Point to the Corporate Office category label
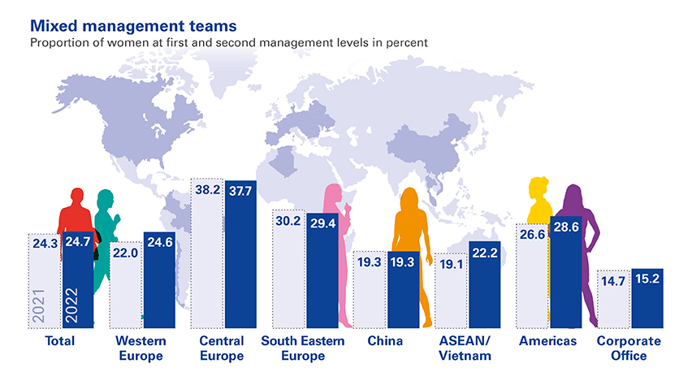pos(629,348)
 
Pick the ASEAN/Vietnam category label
pos(465,348)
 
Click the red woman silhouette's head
pos(76,197)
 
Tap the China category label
pos(384,341)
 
